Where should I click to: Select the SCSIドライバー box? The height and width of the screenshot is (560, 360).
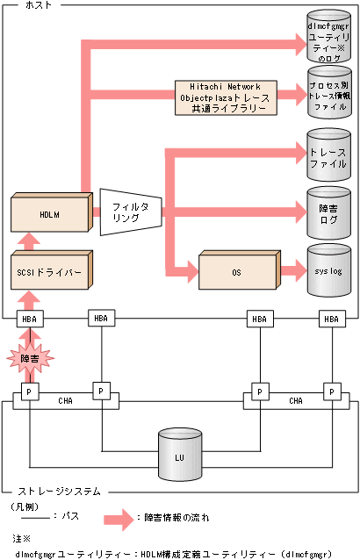coord(47,273)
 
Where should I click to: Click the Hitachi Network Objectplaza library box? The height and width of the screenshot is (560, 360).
coord(225,96)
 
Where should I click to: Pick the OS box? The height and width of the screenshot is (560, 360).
coord(236,273)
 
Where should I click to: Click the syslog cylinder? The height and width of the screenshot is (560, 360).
coord(328,265)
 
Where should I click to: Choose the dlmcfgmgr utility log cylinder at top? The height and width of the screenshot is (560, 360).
coord(328,34)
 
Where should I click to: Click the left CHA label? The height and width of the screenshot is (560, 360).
coord(65,401)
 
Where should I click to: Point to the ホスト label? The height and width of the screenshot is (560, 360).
coord(33,5)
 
